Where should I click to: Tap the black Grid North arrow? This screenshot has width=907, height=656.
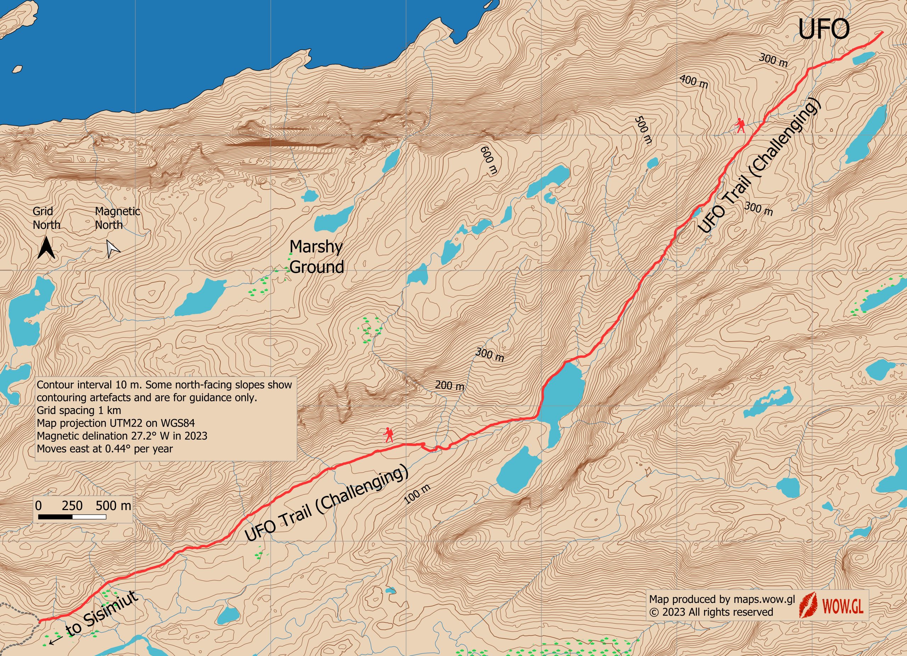(x=46, y=248)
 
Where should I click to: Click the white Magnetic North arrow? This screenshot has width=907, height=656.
(x=113, y=249)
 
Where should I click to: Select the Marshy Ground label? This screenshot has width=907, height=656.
(x=316, y=257)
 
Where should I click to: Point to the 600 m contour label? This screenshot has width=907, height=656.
(x=489, y=160)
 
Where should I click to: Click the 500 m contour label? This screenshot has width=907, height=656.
(x=643, y=130)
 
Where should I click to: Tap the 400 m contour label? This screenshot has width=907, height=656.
(x=694, y=81)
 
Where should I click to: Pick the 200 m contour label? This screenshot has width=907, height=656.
(x=450, y=385)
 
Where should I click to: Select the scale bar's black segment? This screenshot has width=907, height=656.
(x=56, y=517)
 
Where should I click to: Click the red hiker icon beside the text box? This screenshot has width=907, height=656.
(x=388, y=435)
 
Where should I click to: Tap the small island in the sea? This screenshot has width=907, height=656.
(x=17, y=69)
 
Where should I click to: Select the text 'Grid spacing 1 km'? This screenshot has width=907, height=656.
(x=79, y=410)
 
